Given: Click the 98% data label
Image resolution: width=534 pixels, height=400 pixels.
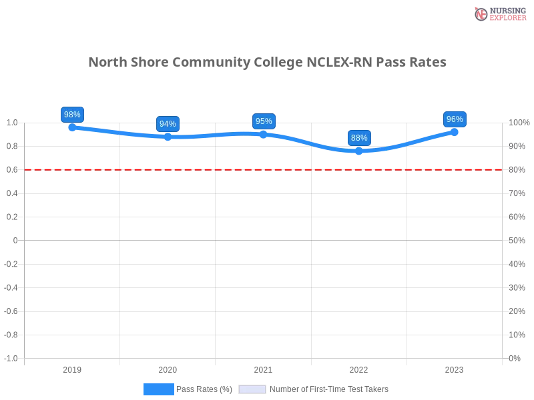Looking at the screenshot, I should [x=72, y=115].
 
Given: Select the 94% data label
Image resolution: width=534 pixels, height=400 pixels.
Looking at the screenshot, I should [x=168, y=124].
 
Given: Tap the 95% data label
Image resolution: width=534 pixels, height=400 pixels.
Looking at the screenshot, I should [x=264, y=121].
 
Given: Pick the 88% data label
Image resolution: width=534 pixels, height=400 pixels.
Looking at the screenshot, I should [x=359, y=138].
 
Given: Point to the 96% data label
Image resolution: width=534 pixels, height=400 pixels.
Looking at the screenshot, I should [x=455, y=119].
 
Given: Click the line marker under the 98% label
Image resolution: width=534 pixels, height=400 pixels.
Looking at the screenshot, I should [x=72, y=127].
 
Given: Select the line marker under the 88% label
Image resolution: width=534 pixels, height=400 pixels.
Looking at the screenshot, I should [x=359, y=151].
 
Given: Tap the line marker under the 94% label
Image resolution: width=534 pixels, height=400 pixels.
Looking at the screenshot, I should [x=168, y=137].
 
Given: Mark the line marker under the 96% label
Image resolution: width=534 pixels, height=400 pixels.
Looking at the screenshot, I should [x=455, y=131].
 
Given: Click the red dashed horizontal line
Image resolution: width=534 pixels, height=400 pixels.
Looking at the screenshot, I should [x=267, y=169].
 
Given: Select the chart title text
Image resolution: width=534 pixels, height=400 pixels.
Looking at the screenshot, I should [x=267, y=62].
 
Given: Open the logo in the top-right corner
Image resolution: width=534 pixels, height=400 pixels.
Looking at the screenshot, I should [x=499, y=14].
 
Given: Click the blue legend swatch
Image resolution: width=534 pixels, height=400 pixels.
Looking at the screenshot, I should [x=158, y=389].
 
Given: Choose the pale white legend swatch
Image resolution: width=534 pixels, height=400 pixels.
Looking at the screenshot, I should [x=252, y=389].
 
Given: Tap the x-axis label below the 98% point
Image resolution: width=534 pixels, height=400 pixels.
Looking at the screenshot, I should [x=72, y=368].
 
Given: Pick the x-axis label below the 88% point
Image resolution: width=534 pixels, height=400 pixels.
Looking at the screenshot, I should [x=358, y=368].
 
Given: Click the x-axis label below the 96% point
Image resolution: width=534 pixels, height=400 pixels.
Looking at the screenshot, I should [x=454, y=368].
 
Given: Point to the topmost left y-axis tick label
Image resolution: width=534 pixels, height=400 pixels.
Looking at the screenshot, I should [x=13, y=123].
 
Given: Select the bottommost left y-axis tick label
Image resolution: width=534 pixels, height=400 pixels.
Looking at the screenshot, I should [x=12, y=357].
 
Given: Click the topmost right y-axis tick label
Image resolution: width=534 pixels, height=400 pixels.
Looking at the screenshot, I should [x=518, y=123].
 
